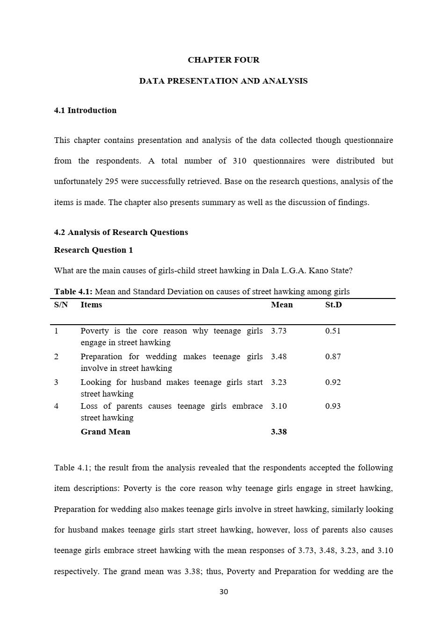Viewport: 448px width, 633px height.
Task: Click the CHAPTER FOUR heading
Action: pos(224,60)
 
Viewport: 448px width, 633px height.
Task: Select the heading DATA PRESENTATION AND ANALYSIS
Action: pos(224,81)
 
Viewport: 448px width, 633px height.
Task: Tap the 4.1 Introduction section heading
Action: pos(85,110)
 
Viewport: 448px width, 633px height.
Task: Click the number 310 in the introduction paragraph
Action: pos(239,161)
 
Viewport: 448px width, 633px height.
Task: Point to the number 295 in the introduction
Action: pos(111,181)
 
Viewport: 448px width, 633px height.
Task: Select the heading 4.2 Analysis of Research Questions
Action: pos(121,232)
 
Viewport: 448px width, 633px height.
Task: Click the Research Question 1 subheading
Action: pos(94,250)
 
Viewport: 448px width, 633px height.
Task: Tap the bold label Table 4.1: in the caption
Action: pos(73,292)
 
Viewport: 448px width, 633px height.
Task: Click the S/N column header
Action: pos(61,305)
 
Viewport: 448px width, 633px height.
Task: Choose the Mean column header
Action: pos(282,305)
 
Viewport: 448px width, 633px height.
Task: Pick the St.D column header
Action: pos(333,305)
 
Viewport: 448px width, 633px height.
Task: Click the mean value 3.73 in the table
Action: pos(279,331)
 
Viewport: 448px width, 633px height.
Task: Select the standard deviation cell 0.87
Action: pos(333,356)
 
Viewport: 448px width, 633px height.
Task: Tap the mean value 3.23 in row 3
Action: pos(279,382)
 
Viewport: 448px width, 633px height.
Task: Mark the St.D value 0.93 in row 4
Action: pos(333,406)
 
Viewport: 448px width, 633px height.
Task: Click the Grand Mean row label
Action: pos(105,432)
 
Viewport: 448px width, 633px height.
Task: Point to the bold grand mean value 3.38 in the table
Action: pos(279,432)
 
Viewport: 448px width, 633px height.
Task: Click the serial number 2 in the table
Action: pos(56,356)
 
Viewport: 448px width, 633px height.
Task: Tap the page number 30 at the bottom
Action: pos(224,592)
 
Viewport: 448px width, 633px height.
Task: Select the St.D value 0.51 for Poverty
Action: pos(333,331)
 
